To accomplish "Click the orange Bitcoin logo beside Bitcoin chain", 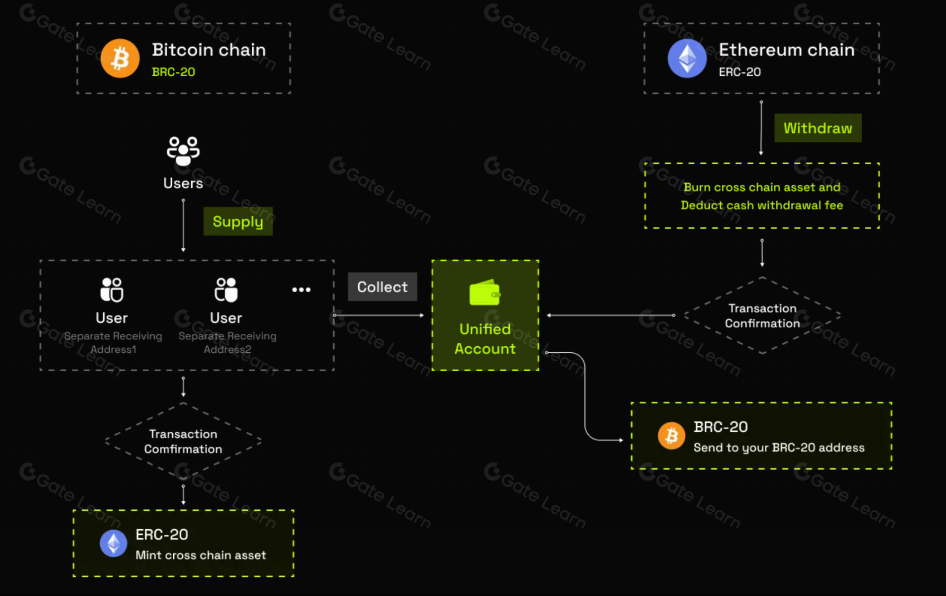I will pos(120,58).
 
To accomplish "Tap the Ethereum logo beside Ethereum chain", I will pos(687,58).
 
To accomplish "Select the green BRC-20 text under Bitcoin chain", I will pos(173,72).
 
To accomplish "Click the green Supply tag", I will pos(238,221).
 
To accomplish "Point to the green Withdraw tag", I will pos(818,128).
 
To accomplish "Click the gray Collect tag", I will pos(382,287).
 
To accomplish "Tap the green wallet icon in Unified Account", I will pos(485,292).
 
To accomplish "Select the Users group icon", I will pos(183,151).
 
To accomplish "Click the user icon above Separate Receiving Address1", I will pos(112,289).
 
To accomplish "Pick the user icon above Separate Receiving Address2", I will pos(226,289).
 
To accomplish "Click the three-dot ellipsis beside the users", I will pos(301,289).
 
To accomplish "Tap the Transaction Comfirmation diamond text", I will pos(183,441).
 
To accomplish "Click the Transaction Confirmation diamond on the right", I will pos(762,316).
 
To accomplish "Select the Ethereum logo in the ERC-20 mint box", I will pos(114,543).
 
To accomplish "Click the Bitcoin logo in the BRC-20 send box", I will pos(671,436).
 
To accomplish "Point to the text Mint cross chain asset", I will pos(201,555).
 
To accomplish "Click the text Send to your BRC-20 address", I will pos(779,447).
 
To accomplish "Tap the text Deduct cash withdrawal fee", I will pos(762,205).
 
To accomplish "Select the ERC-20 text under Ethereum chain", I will pos(740,72).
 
